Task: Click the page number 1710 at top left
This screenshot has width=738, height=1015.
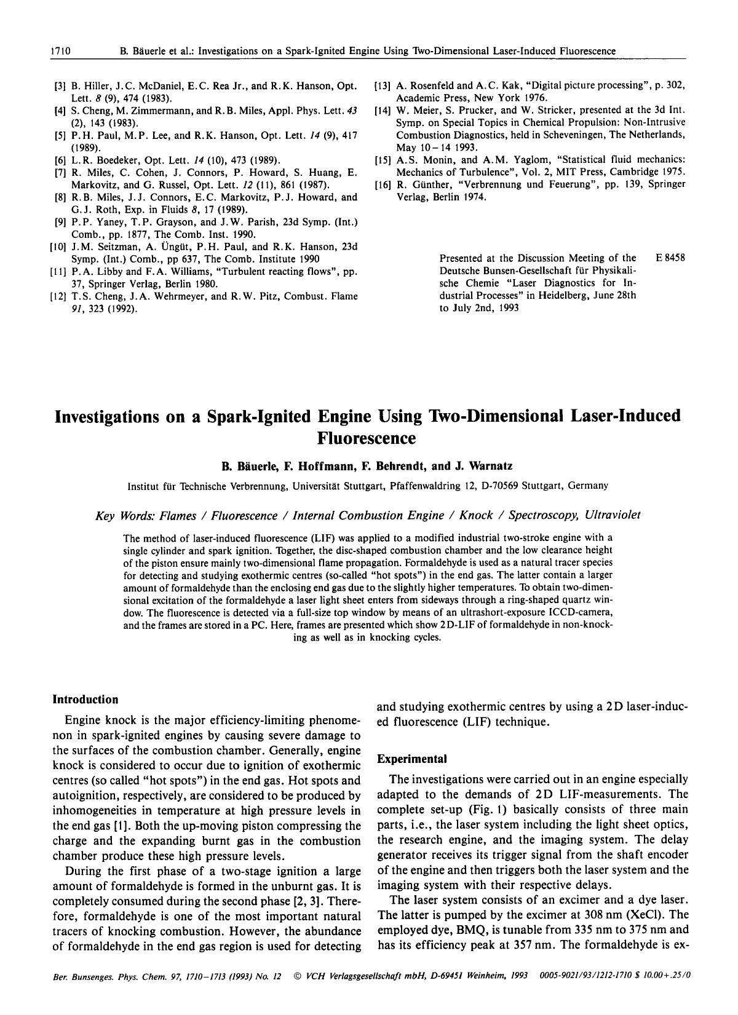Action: tap(59, 51)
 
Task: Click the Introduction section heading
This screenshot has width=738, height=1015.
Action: tap(85, 699)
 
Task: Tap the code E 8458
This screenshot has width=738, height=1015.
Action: tap(670, 258)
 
